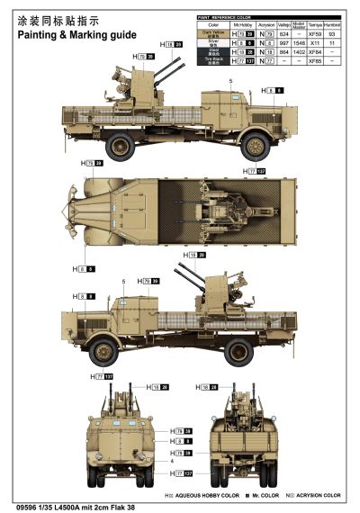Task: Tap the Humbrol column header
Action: [334, 24]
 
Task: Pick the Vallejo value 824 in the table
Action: [284, 33]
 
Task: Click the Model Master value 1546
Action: [299, 41]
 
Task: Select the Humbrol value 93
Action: [334, 33]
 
